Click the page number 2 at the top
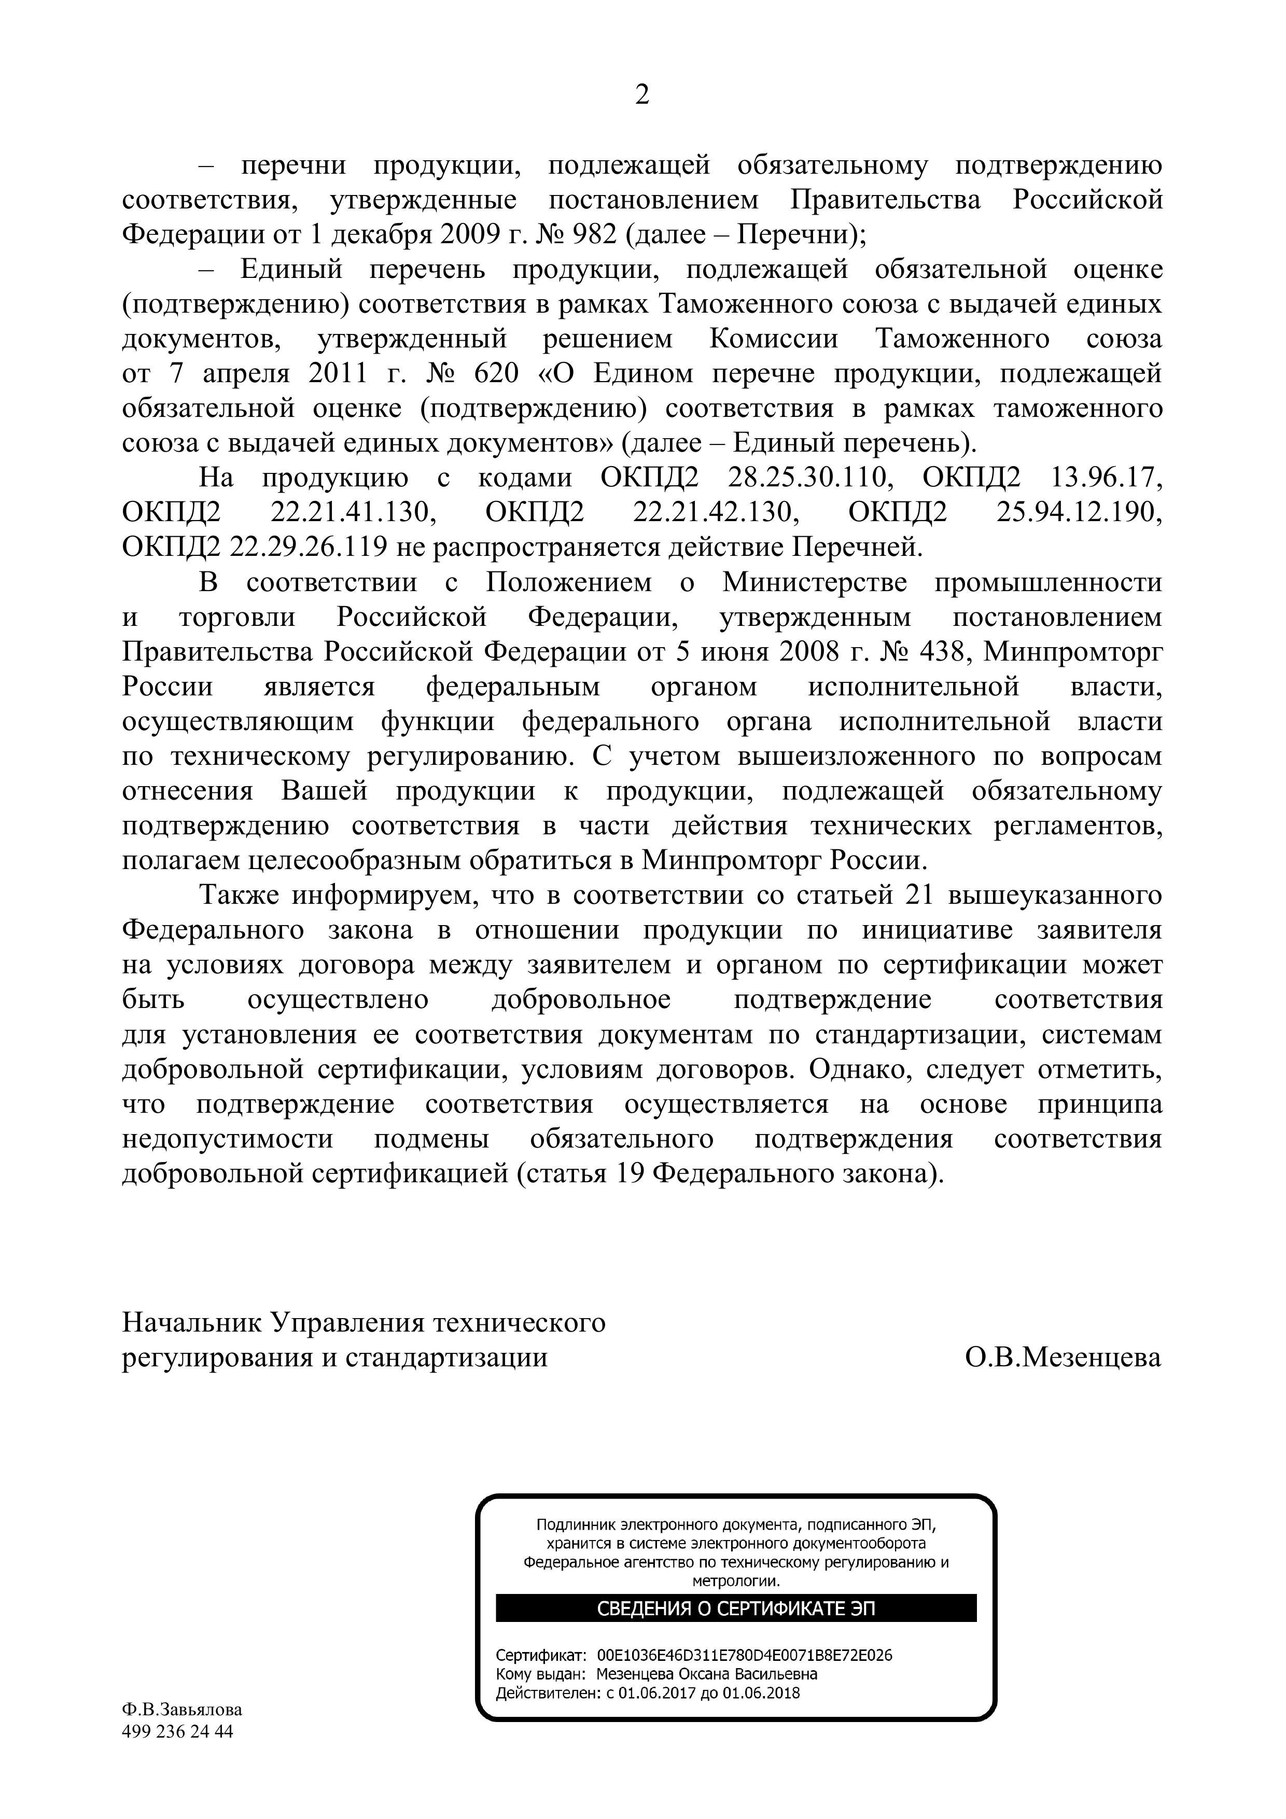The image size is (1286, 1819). pos(642,95)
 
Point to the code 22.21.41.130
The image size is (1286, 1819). pos(354,513)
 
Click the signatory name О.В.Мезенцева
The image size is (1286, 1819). pos(1063,1357)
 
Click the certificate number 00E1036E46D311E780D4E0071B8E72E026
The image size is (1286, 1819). pos(744,1656)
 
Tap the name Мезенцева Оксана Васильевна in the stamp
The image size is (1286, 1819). pos(707,1675)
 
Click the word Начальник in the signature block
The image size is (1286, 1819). pos(192,1322)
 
